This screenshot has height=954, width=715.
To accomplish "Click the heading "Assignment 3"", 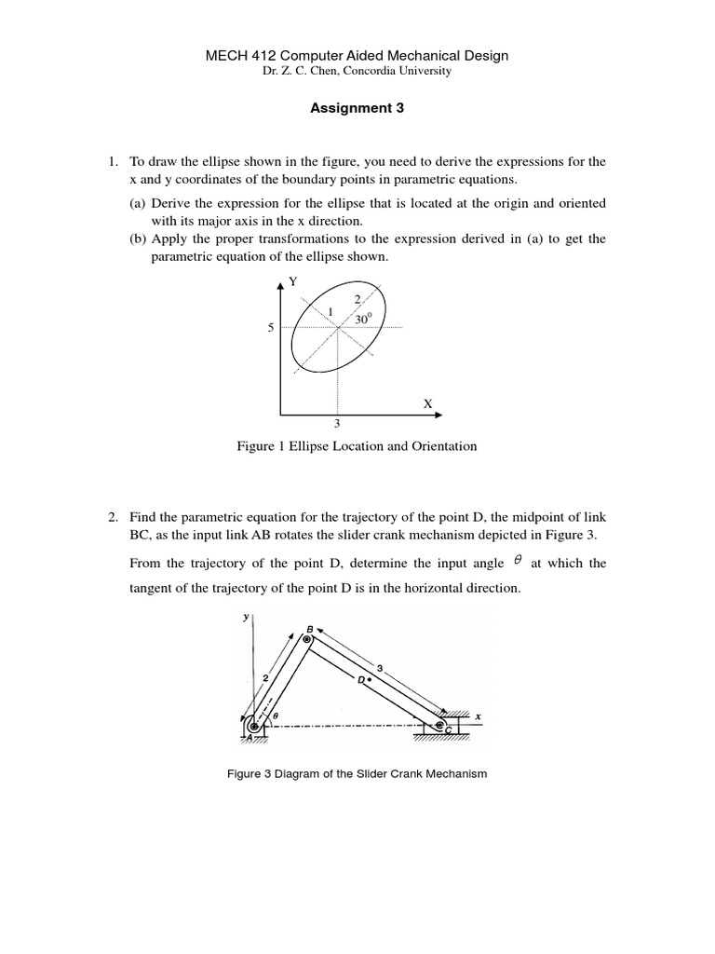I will [357, 108].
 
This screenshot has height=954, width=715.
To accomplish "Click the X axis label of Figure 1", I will [427, 404].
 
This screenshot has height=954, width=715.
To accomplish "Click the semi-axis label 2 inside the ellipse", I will [357, 300].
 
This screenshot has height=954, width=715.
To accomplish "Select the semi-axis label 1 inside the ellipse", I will [331, 311].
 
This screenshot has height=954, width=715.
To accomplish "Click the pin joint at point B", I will [306, 639].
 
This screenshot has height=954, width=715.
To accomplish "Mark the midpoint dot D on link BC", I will [369, 680].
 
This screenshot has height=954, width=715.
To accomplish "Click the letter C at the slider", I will [448, 731].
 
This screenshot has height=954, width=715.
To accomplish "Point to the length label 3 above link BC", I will [380, 667].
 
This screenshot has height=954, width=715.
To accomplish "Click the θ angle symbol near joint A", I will [276, 715].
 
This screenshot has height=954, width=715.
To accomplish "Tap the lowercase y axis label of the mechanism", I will [246, 617].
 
